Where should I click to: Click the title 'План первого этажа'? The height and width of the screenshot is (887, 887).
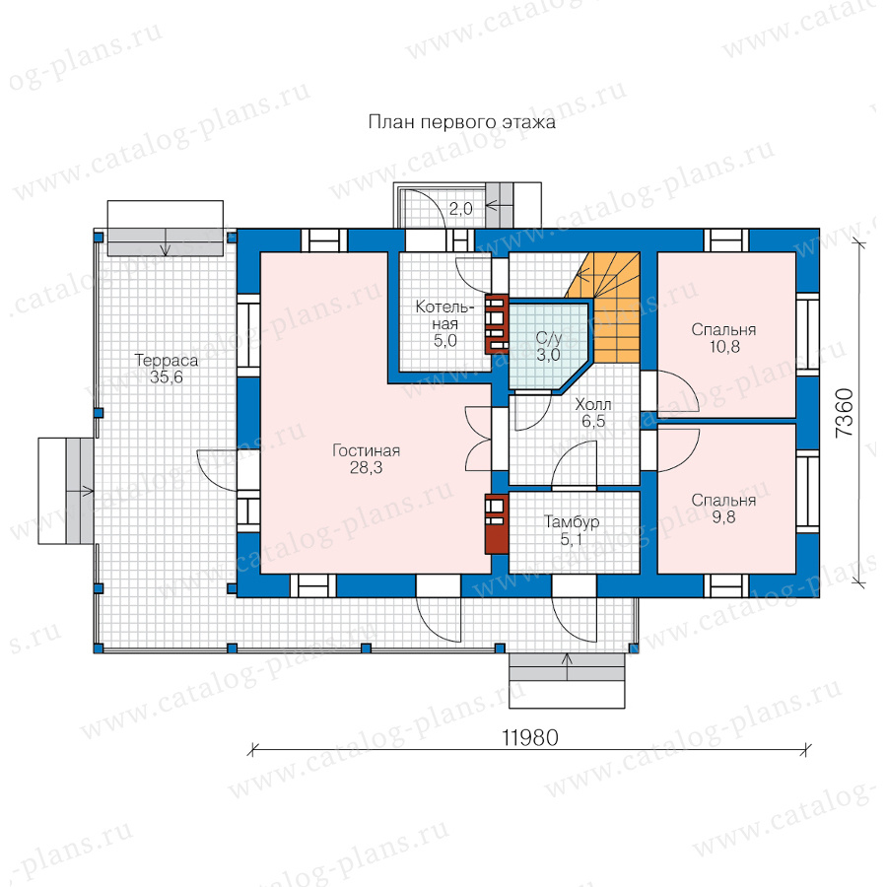(461, 122)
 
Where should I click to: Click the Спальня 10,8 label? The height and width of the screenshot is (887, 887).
(723, 338)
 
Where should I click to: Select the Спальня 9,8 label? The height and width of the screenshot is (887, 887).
(723, 508)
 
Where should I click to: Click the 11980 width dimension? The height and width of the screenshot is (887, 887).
(530, 737)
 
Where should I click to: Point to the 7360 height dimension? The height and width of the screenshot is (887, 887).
(844, 412)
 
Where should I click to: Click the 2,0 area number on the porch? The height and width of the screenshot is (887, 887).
(461, 209)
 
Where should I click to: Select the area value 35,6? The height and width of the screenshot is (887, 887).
(167, 377)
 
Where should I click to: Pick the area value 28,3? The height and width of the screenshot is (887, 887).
(366, 468)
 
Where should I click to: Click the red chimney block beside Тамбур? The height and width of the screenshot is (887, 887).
(496, 524)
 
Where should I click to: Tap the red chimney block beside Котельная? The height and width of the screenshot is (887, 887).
(496, 323)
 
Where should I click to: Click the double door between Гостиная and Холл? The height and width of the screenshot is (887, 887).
(479, 439)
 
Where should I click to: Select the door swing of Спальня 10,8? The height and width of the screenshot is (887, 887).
(679, 390)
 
